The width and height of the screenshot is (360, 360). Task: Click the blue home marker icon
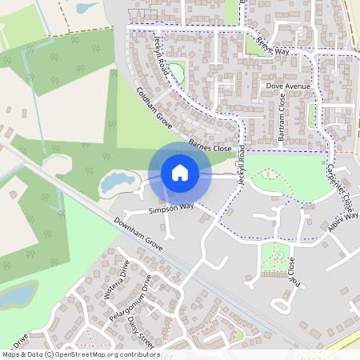[x=180, y=172]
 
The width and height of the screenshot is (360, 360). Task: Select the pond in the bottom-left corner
[x=16, y=296]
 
